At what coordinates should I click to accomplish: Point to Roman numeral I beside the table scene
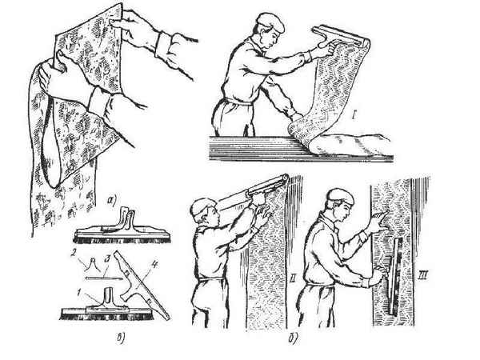(354, 116)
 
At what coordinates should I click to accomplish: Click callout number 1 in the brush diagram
(79, 294)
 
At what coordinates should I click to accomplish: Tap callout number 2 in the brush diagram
(74, 254)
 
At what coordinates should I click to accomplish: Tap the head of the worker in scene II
(203, 211)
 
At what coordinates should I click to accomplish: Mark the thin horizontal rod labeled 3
(104, 278)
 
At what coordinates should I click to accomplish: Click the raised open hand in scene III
(379, 219)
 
